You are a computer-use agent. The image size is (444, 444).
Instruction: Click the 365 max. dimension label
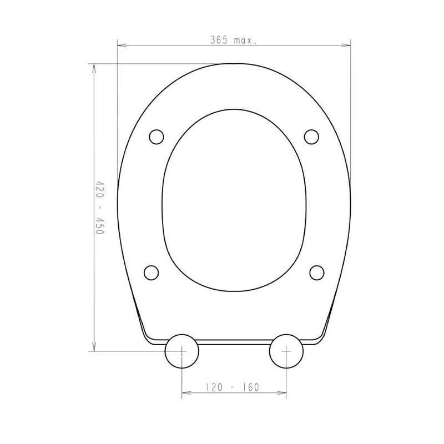[x=233, y=40]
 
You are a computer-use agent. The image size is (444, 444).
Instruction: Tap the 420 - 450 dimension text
[x=100, y=207]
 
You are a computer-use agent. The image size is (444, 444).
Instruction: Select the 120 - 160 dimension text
[x=231, y=387]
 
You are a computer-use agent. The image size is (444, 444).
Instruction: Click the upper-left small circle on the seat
[x=157, y=137]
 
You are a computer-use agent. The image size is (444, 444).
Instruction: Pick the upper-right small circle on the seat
[x=311, y=137]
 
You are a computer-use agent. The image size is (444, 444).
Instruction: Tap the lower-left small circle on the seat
[x=151, y=273]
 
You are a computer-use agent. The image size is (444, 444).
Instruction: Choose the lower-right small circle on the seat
[x=316, y=273]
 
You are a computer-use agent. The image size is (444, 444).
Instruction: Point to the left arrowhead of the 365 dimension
[x=122, y=45]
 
